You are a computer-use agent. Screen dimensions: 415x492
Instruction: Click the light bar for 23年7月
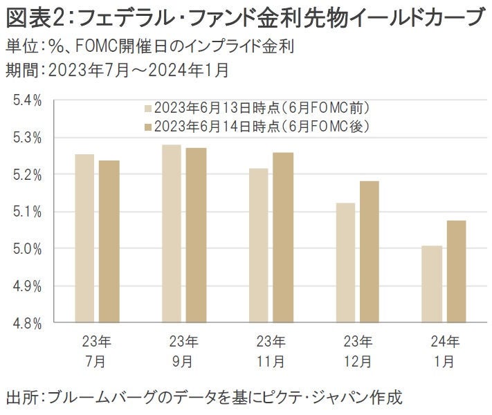pos(84,238)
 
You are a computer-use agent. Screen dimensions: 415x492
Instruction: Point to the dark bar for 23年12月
pos(370,252)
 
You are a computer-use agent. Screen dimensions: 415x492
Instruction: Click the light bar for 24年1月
pos(431,284)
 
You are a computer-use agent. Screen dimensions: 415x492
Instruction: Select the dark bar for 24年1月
pos(456,272)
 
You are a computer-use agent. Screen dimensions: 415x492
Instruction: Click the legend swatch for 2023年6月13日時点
pos(148,109)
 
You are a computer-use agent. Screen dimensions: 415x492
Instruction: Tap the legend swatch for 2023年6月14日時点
pos(148,126)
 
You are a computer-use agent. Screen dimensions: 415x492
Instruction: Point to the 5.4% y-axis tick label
pos(28,101)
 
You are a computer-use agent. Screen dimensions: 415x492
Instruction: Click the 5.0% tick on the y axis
pos(28,249)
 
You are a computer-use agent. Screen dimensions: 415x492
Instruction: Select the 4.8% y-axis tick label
pos(28,323)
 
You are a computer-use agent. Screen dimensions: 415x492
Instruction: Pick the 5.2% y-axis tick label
pos(28,175)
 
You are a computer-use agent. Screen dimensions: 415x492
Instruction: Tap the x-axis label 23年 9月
pos(183,351)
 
